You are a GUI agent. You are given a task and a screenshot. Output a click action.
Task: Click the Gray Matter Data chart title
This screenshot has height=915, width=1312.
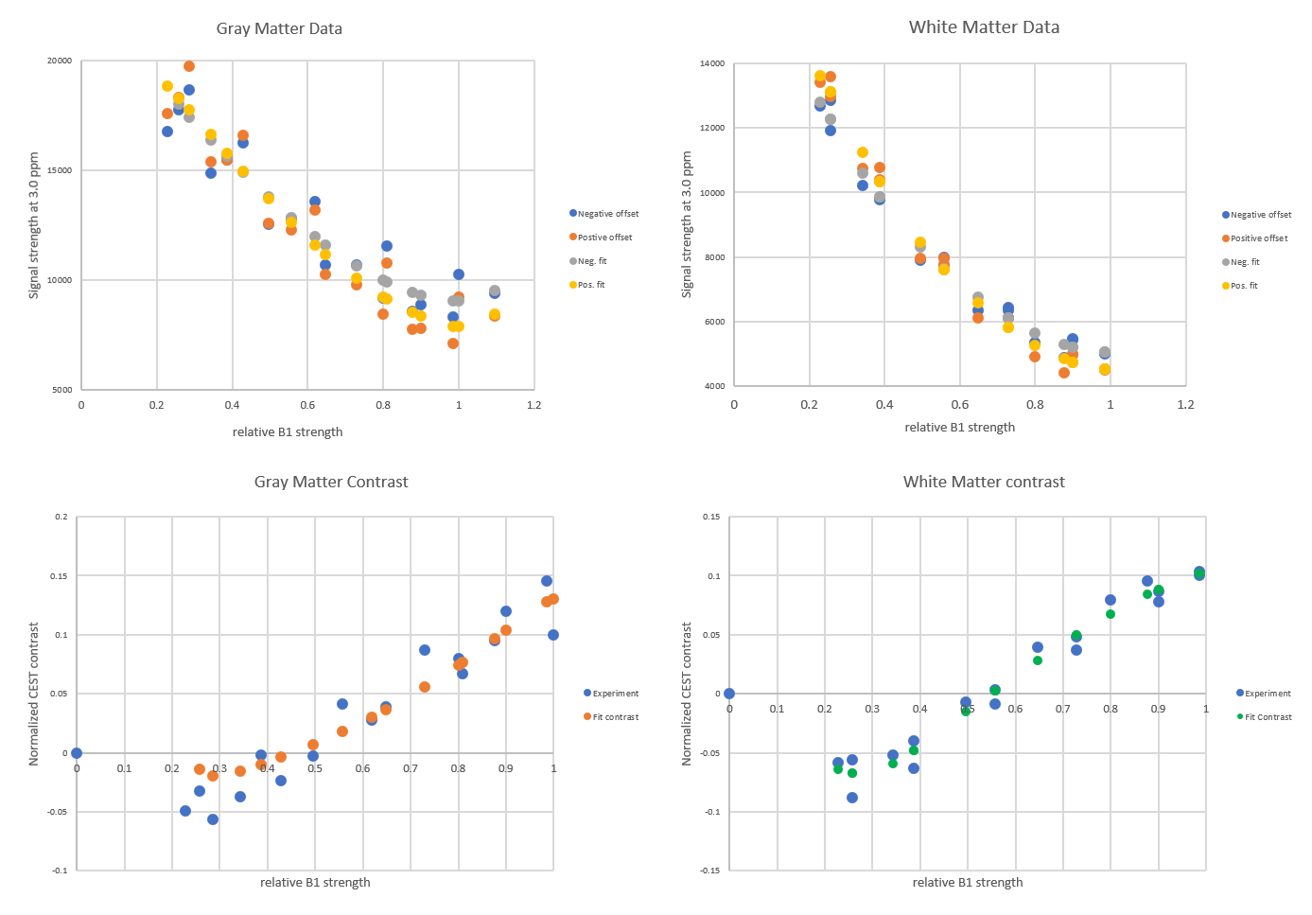[x=279, y=28]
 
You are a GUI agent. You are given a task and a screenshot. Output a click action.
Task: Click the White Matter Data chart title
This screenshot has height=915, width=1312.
[x=984, y=27]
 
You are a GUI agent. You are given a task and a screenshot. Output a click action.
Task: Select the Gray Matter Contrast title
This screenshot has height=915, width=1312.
[x=331, y=482]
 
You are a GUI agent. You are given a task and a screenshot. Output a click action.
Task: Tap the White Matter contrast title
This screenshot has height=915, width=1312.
[x=984, y=482]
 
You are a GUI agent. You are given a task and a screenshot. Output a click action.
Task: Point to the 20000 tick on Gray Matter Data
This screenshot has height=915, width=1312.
[x=60, y=62]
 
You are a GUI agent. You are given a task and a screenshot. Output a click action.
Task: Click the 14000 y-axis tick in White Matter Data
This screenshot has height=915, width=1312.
[x=713, y=64]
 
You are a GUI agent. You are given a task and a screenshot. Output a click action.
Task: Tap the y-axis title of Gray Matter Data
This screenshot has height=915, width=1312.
[x=34, y=225]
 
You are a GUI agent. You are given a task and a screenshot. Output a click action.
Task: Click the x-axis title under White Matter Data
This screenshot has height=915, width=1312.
[x=959, y=428]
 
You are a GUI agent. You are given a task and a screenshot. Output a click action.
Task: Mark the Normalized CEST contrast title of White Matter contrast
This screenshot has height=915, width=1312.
[x=688, y=694]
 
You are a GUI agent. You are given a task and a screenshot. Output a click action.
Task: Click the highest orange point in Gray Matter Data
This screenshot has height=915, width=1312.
[x=189, y=66]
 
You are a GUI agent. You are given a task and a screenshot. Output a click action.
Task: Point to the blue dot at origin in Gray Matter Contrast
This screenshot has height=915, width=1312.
[x=77, y=753]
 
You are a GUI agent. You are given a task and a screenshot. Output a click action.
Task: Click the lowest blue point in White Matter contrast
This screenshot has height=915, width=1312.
[x=852, y=798]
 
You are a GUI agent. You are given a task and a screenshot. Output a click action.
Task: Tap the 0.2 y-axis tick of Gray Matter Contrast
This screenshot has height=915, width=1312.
[x=61, y=518]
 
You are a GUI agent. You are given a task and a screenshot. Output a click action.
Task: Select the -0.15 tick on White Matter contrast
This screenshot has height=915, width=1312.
[x=709, y=871]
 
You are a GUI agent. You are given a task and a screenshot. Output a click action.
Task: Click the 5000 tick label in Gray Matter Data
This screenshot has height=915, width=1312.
[x=62, y=390]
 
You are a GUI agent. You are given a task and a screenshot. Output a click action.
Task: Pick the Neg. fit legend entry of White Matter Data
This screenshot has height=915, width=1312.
[x=1245, y=262]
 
